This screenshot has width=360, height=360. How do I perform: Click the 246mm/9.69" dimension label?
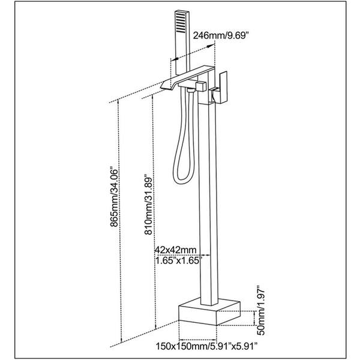click(x=221, y=35)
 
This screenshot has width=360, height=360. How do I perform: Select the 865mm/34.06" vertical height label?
click(x=114, y=198)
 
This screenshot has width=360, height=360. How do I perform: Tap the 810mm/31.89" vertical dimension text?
click(x=148, y=205)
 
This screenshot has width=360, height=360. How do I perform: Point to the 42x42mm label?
click(x=176, y=250)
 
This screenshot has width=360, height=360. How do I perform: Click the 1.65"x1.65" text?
click(x=179, y=260)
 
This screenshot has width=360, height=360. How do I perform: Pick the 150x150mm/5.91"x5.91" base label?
click(x=206, y=346)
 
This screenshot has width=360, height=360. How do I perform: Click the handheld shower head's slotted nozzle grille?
click(x=180, y=23)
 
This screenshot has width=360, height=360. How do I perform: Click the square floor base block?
click(x=209, y=311)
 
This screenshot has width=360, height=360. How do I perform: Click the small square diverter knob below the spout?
click(x=202, y=86)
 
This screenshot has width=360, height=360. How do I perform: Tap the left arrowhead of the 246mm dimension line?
click(x=175, y=59)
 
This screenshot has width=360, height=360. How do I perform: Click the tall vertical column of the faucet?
click(x=208, y=205)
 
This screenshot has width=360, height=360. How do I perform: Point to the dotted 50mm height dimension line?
click(x=254, y=318)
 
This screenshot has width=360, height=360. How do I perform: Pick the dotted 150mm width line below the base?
click(x=197, y=340)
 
